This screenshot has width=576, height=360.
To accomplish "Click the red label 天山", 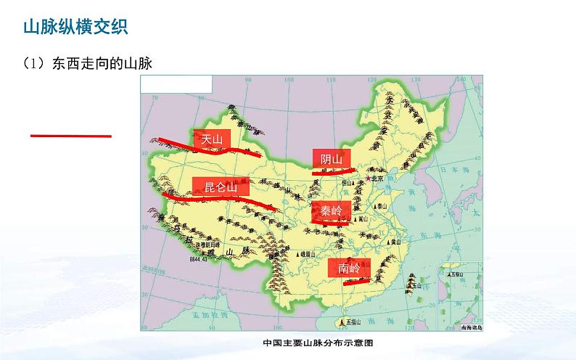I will click(212, 139).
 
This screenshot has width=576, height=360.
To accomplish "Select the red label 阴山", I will click(331, 160).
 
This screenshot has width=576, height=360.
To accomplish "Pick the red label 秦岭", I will click(331, 211).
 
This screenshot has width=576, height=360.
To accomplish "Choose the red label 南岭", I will click(349, 268).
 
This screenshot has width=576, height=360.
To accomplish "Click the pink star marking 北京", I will click(368, 179).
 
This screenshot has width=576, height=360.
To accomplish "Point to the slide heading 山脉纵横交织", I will click(75, 28).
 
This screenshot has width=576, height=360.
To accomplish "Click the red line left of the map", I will click(70, 135).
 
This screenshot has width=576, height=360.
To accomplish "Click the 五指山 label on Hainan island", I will click(353, 320).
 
